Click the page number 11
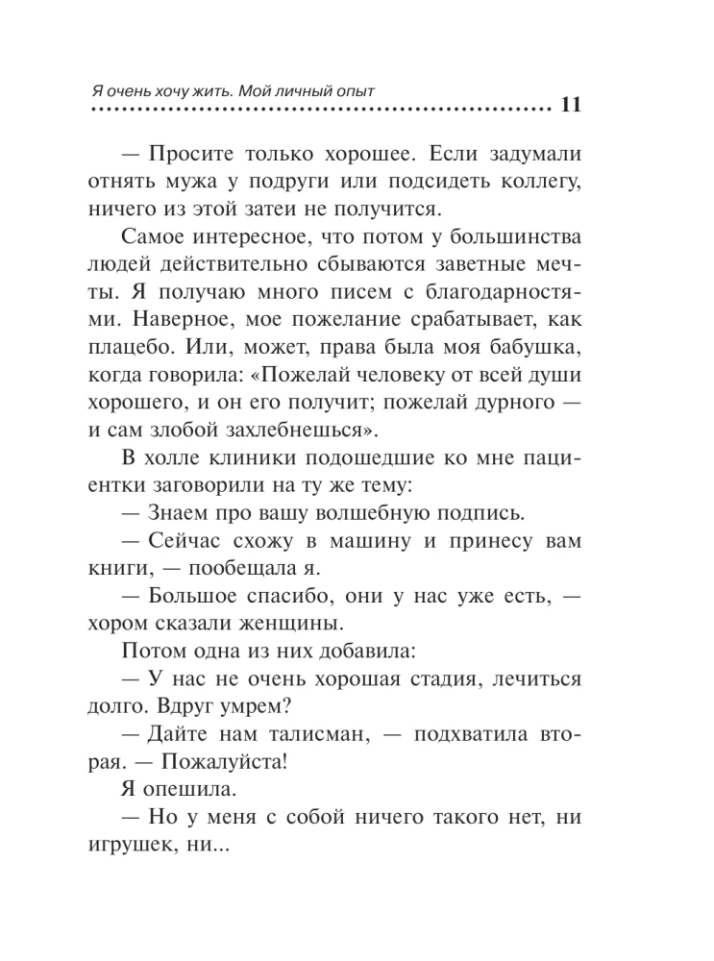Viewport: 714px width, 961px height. click(568, 107)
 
